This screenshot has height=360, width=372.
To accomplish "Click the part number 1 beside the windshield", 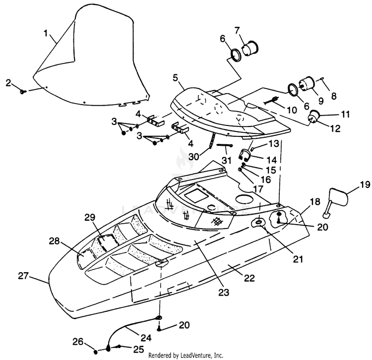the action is tap(46, 33).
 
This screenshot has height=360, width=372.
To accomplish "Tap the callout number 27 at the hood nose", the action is tap(23, 276).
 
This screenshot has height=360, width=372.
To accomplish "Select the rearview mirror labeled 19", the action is tap(335, 202).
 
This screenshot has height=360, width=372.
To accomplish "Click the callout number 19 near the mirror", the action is tap(365, 184).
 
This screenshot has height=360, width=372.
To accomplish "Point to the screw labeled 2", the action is tap(23, 91).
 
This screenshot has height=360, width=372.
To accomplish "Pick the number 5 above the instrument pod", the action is tap(175, 78).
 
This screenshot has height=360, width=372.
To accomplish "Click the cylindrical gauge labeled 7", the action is tap(250, 49).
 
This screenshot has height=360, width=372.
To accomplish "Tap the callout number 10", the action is tap(292, 110).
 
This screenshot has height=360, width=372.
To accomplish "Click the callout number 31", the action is tap(226, 160).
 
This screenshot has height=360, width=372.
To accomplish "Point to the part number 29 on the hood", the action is tap(90, 217).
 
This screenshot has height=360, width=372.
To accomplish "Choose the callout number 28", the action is tap(54, 241).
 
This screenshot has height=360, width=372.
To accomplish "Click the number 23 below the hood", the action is tap(224, 293).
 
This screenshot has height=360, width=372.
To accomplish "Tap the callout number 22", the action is tap(249, 278).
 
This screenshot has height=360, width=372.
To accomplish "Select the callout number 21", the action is tap(298, 259).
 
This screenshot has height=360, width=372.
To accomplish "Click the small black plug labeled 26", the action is tap(95, 352).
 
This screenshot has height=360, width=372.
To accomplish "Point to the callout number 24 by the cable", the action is tap(146, 338).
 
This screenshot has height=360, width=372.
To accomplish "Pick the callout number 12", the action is tap(335, 128).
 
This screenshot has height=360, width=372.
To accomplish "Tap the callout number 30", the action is tap(194, 157).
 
